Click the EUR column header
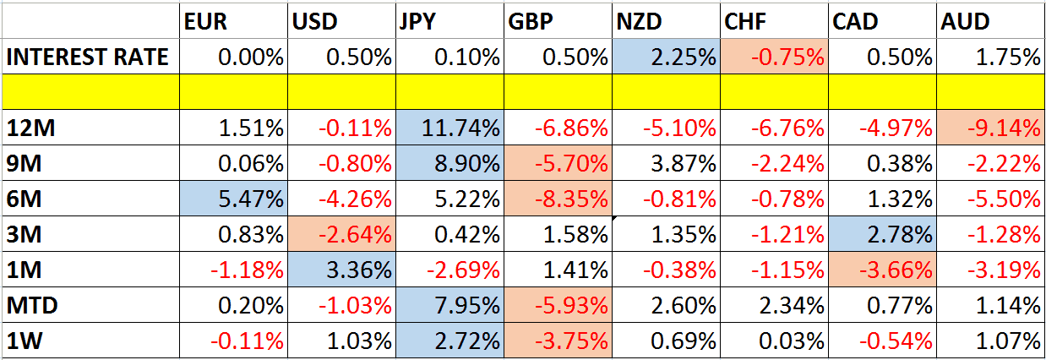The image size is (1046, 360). [205, 23]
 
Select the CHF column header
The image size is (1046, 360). [745, 23]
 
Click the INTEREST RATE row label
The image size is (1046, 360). [88, 57]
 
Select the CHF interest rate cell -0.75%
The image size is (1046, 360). [775, 57]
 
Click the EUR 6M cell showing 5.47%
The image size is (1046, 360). [234, 199]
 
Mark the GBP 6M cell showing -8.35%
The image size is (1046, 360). [558, 199]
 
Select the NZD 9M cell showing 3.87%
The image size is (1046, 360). [667, 164]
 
